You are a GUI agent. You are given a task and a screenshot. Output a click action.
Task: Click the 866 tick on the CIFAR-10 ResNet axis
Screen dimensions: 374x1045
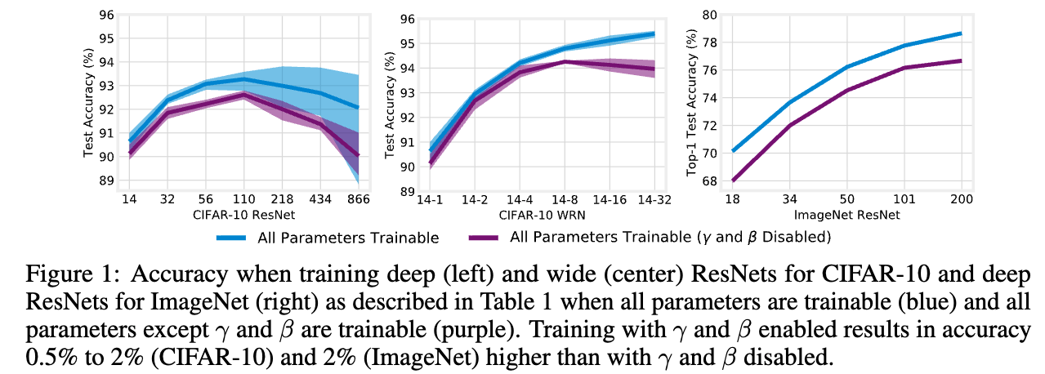(358, 199)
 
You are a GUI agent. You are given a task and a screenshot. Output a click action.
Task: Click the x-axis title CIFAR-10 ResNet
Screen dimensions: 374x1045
(243, 216)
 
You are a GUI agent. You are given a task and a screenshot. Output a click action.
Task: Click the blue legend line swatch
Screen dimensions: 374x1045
(235, 238)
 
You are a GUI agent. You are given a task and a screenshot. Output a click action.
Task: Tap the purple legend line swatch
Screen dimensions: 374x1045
(485, 238)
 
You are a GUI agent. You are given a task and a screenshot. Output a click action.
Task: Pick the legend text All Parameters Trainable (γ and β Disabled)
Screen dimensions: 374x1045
(670, 238)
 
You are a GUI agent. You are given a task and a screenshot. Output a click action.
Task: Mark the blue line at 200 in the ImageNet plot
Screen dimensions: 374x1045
(961, 33)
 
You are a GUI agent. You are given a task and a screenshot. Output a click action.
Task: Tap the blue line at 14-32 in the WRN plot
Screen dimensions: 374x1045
(654, 33)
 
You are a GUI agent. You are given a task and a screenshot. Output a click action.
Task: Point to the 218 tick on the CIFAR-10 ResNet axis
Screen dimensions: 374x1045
(282, 199)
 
